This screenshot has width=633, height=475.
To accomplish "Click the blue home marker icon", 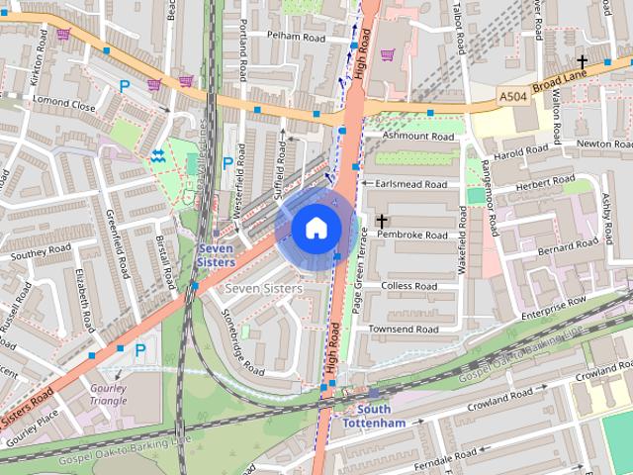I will pos(316,228).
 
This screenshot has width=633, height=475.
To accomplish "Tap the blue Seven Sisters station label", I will pos(216,255).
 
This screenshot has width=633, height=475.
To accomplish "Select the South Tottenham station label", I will pos(373,416).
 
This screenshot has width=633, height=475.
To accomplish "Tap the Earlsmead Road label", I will pos(412,183).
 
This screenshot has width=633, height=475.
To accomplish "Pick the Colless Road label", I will pos(408,286).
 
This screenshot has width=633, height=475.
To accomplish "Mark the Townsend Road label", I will pos(403,329).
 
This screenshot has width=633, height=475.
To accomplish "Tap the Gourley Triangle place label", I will pos(108,395).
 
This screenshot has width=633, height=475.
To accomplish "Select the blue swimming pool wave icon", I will pos(158,155).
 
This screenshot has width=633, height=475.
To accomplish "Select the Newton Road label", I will pos(603,143).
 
